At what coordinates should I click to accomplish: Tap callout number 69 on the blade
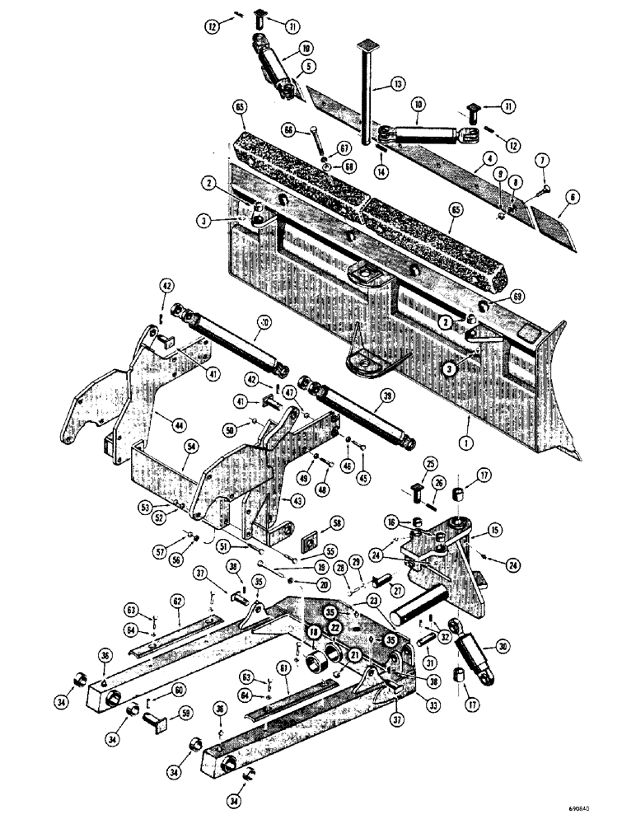tap(493, 294)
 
